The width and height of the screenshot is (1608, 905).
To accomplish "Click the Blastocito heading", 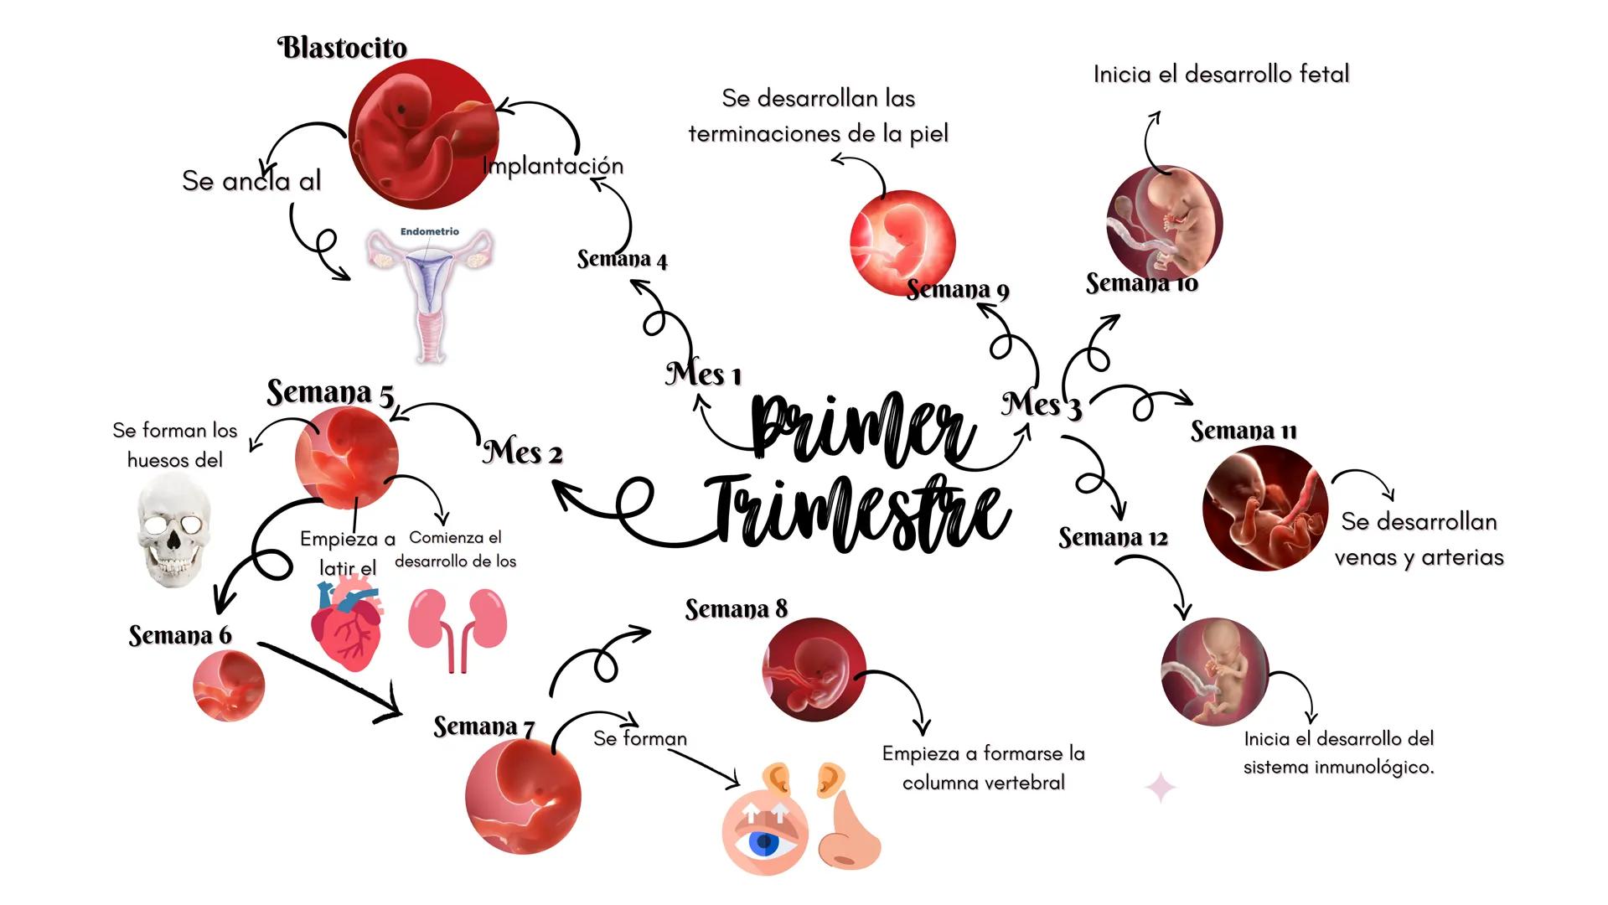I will [x=342, y=48].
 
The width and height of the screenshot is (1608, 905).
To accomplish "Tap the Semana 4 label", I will [x=622, y=259].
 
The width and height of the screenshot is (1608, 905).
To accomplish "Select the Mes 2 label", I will [x=522, y=452].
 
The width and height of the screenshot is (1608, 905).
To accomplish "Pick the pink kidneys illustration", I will [x=457, y=628].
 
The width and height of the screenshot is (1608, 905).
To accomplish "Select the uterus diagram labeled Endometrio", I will [x=430, y=293].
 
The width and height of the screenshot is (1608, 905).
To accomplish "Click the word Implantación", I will [x=553, y=166].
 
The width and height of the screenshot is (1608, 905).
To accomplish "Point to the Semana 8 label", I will [x=736, y=609].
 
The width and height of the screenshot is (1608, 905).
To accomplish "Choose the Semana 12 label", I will [x=1112, y=537].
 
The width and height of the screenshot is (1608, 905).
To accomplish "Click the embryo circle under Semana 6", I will [x=229, y=685].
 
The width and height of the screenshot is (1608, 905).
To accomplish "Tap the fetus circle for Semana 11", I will [x=1264, y=509].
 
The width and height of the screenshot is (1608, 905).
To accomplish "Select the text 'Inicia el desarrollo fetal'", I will [x=1221, y=75].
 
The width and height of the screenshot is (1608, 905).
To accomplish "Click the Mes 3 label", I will [x=1041, y=405].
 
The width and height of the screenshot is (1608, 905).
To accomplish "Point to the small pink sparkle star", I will [x=1161, y=788].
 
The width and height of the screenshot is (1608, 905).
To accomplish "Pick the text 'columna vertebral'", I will [x=983, y=783].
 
